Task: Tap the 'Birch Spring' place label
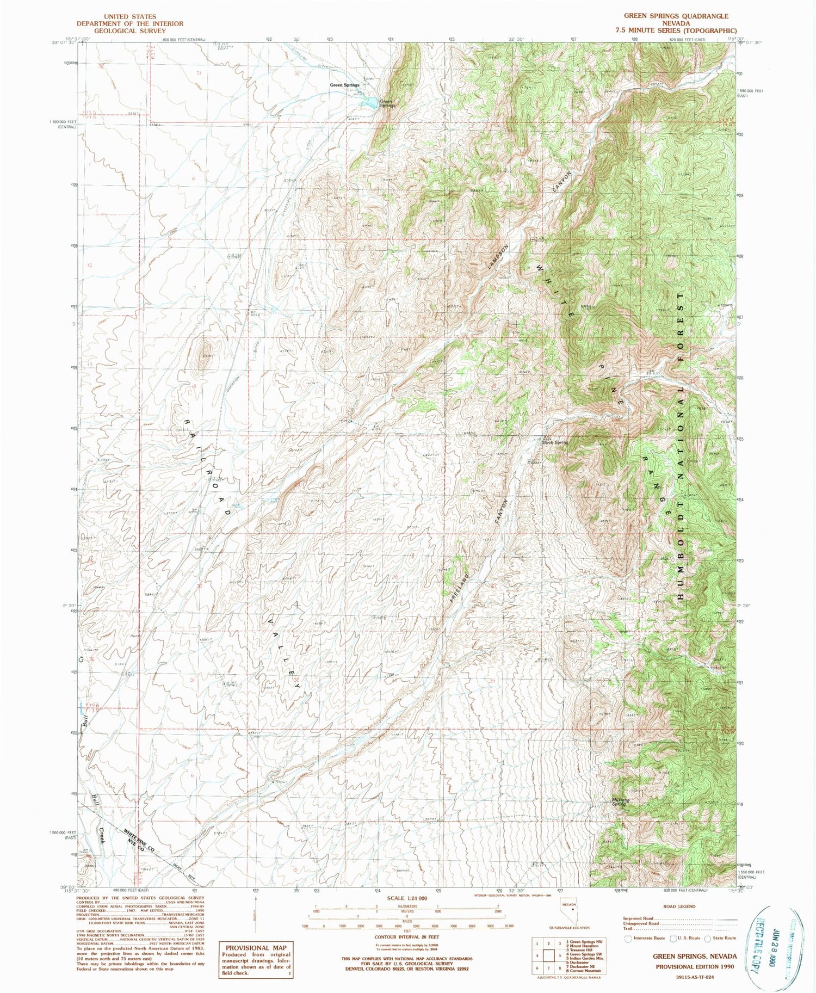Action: [555, 443]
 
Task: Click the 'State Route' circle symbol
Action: [708, 938]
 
